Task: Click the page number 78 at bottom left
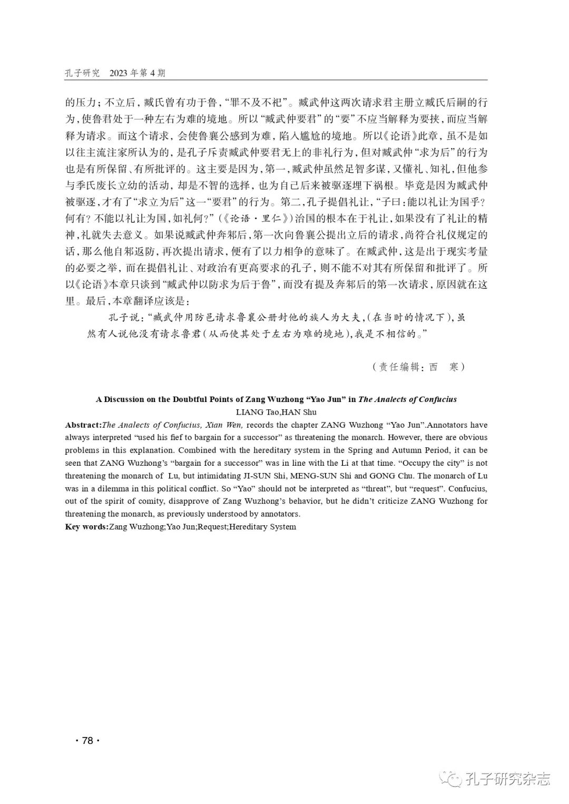(87, 740)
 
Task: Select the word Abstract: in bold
(83, 425)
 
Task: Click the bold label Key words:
(86, 526)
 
